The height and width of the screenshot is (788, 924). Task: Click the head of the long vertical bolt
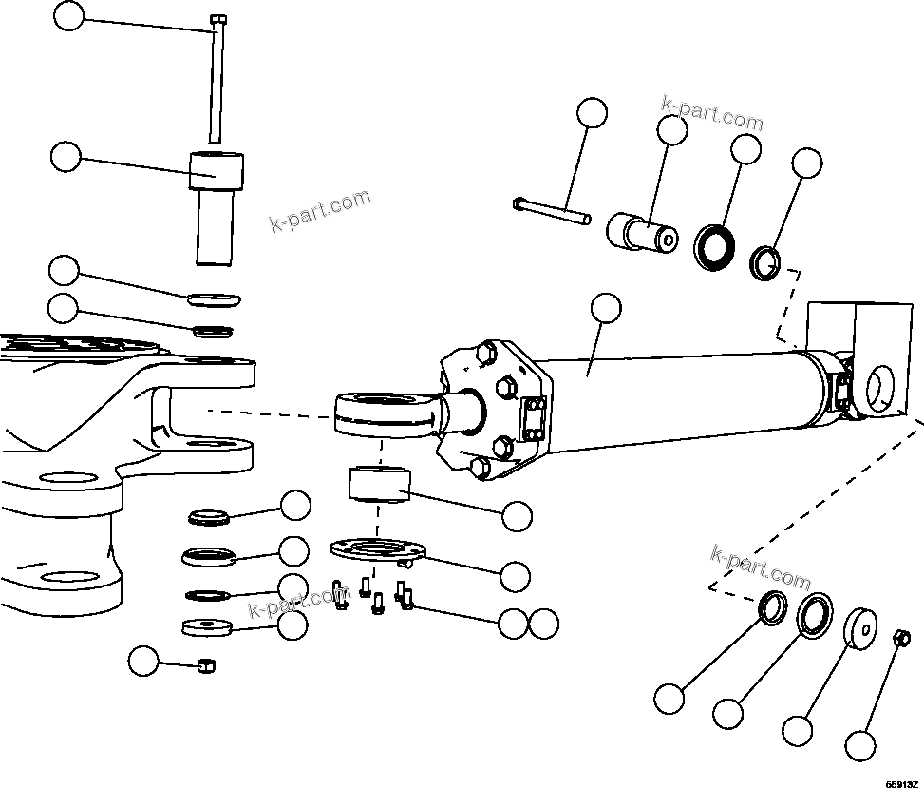[x=218, y=19]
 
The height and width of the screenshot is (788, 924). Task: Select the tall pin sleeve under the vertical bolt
[x=217, y=204]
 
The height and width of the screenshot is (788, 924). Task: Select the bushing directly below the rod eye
[x=377, y=483]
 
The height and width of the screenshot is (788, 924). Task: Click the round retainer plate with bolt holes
[x=376, y=549]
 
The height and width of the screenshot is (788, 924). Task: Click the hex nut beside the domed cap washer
[x=903, y=637]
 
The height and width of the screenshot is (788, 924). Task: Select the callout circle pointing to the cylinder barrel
[x=605, y=308]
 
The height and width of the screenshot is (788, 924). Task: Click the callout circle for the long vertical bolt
[x=68, y=15]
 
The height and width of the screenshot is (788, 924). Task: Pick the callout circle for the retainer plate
[x=515, y=575]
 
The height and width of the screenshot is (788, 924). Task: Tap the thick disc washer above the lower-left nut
[x=206, y=627]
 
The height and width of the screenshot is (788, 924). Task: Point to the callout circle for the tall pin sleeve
[x=66, y=157]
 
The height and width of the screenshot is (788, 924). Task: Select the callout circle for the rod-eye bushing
[x=517, y=516]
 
